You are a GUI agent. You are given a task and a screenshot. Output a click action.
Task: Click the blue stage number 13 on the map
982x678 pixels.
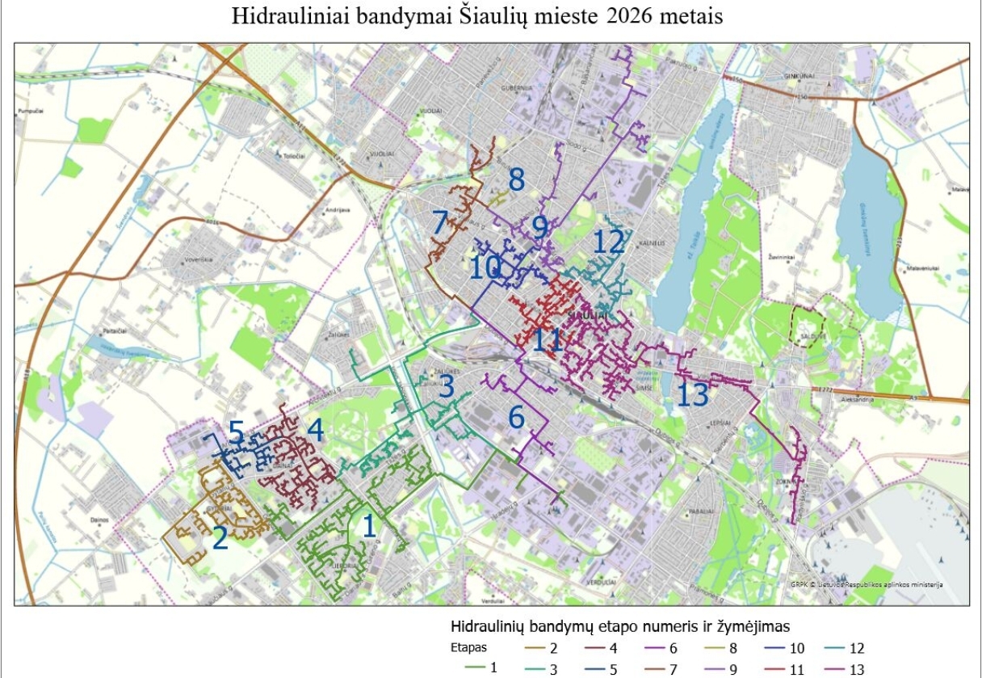693,395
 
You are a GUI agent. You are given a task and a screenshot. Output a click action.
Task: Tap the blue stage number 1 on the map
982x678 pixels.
369,526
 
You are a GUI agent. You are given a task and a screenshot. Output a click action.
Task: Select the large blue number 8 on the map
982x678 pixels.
516,179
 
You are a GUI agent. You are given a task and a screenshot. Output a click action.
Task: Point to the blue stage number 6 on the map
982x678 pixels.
517,417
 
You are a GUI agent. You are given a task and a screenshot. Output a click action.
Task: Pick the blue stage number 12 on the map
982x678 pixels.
609,242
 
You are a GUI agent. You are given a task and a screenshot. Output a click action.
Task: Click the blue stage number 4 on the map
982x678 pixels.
315,431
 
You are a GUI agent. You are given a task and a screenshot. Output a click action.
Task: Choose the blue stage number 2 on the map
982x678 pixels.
220,539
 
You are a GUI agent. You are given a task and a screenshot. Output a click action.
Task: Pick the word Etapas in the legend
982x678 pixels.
468,648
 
